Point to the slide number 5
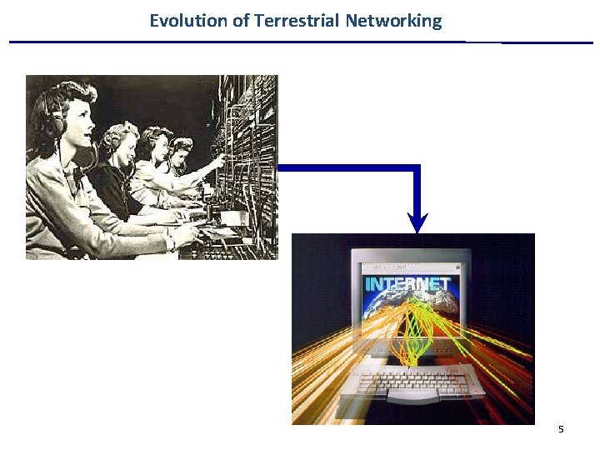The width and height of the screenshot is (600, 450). [x=561, y=429]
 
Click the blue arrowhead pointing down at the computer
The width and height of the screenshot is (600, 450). [x=417, y=222]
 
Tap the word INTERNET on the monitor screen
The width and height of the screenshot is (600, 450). [x=407, y=284]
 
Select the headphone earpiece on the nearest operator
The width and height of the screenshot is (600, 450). [x=57, y=125]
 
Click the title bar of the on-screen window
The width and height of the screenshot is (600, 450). [x=408, y=269]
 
